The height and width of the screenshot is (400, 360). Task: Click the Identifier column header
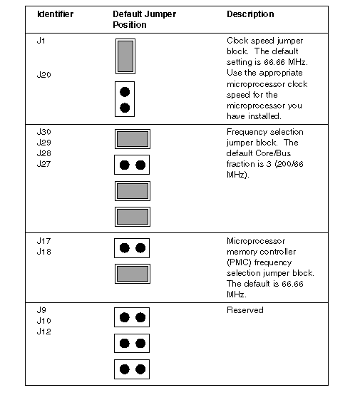coord(56,14)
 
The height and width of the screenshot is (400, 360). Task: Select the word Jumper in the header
coord(162,14)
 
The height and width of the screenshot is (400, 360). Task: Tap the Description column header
coord(250,14)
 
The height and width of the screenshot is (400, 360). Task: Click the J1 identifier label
coord(41,41)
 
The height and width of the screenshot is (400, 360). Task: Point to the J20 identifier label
coord(44,75)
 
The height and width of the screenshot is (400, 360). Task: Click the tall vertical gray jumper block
coord(125,56)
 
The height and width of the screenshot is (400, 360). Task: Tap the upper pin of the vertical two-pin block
coord(125,92)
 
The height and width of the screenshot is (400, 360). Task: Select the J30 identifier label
coord(44,132)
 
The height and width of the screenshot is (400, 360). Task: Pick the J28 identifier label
coord(44,153)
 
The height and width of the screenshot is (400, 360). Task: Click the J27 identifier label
coord(44,164)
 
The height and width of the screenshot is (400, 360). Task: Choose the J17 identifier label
coord(44,241)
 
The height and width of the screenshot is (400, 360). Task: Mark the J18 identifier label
coord(44,252)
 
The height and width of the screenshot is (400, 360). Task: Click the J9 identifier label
coord(41,310)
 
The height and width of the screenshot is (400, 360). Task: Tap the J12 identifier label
coord(44,332)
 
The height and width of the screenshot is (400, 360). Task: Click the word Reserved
coord(245,310)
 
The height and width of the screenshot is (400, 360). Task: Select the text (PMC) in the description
coord(239,262)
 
